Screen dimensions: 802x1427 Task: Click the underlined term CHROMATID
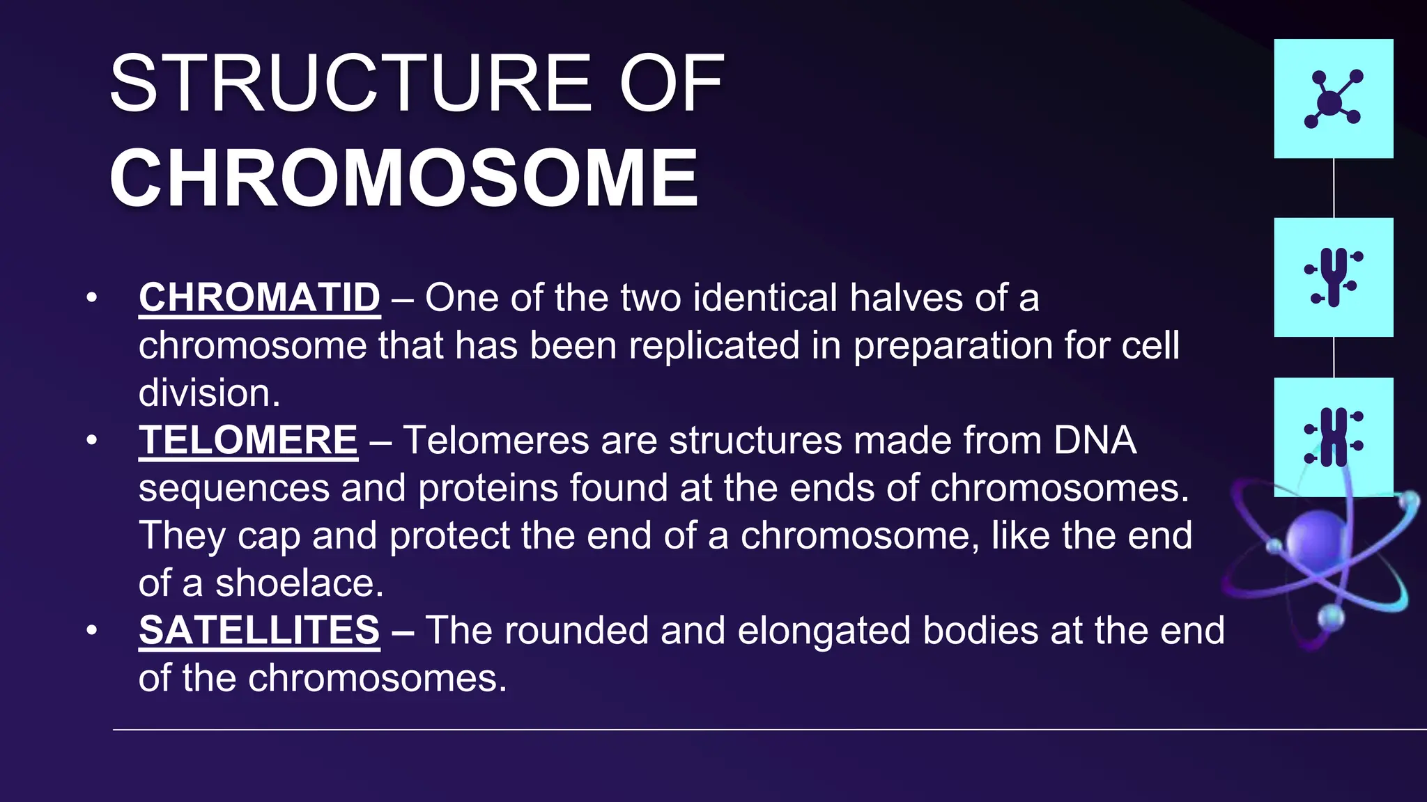pyautogui.click(x=259, y=298)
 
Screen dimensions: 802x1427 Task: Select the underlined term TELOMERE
pyautogui.click(x=248, y=441)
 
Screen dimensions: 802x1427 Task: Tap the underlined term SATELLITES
pyautogui.click(x=259, y=631)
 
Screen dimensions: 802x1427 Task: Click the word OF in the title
pyautogui.click(x=672, y=85)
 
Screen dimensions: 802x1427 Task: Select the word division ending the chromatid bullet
pyautogui.click(x=208, y=393)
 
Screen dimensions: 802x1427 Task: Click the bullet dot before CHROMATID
pyautogui.click(x=91, y=299)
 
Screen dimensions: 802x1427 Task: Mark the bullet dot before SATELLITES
pyautogui.click(x=91, y=631)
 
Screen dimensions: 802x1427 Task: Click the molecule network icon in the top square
pyautogui.click(x=1333, y=100)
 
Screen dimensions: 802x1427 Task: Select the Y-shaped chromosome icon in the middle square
pyautogui.click(x=1333, y=277)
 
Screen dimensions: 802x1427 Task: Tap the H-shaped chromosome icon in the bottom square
pyautogui.click(x=1333, y=437)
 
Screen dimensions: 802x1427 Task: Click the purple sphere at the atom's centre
pyautogui.click(x=1317, y=540)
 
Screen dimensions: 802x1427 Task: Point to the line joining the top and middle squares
pyautogui.click(x=1334, y=188)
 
